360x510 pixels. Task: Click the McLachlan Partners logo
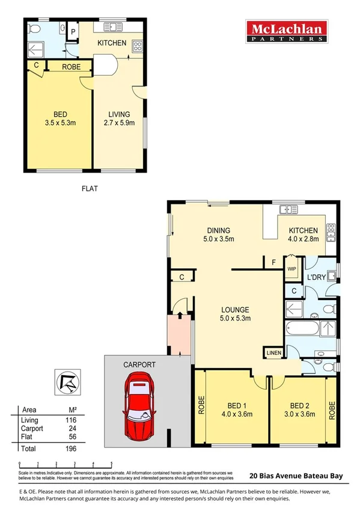[285, 31]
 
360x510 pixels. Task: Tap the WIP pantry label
[292, 269]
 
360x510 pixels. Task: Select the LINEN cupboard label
[273, 352]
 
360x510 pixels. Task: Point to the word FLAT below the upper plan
[90, 188]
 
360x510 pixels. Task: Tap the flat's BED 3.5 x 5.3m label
[59, 118]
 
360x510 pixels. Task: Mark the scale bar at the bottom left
[66, 464]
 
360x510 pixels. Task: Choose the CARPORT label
[139, 364]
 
